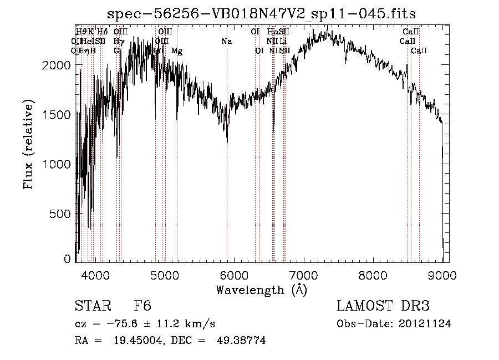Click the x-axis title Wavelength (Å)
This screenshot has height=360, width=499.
coord(261,290)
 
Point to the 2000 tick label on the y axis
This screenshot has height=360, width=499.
coord(57,65)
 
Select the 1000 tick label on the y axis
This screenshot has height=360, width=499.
coord(57,164)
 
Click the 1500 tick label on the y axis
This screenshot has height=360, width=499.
coord(57,115)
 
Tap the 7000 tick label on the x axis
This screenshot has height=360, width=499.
coord(303,275)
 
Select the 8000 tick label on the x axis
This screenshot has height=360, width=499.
coord(373,275)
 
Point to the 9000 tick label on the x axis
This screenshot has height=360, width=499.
coord(442,275)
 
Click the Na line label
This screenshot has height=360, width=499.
coord(226,41)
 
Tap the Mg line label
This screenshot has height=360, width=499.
coord(177,51)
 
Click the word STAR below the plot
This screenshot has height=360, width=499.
coord(91,306)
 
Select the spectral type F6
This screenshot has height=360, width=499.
coord(142,306)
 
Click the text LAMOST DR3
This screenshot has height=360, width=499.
coord(383,306)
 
